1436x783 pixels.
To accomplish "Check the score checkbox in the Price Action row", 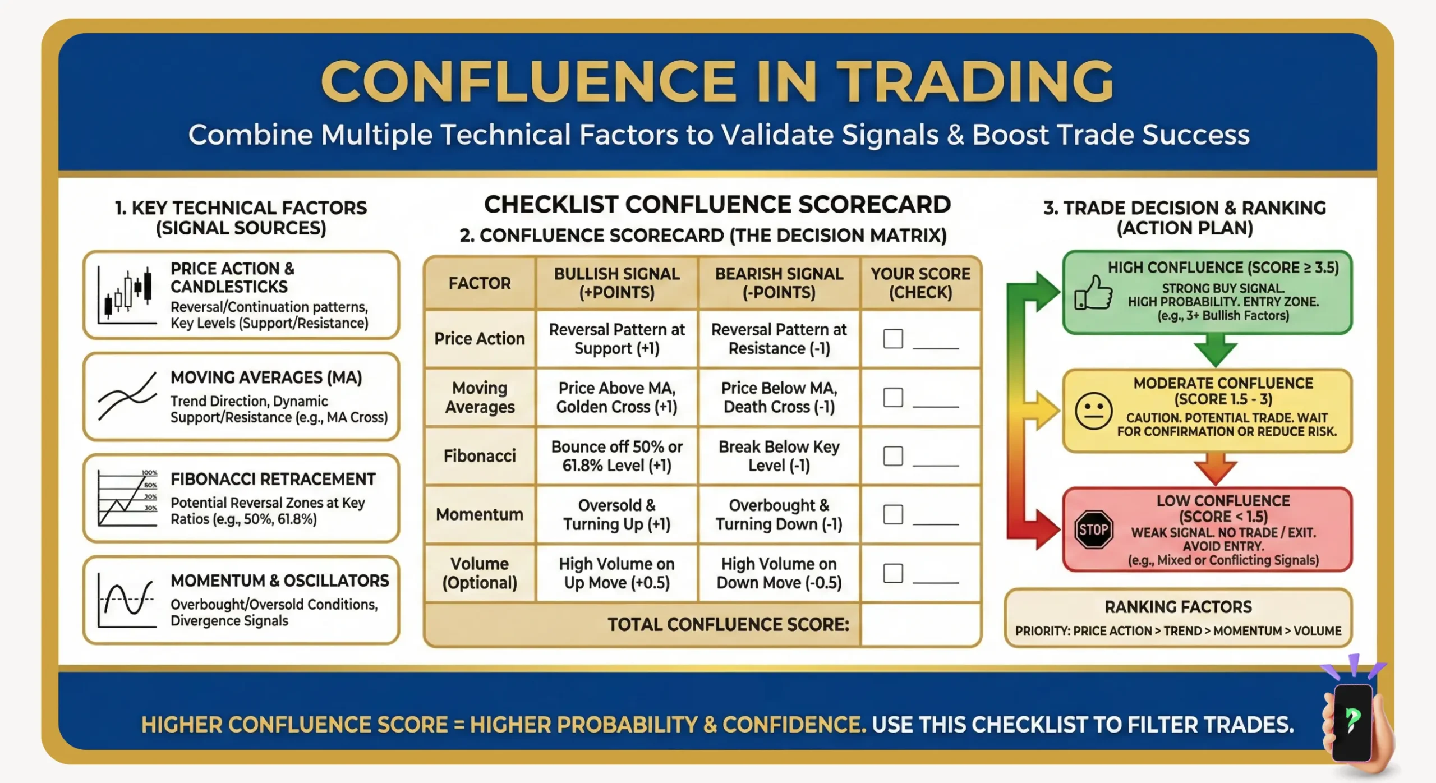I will click(x=892, y=339).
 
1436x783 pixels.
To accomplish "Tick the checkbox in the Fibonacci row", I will click(x=892, y=456).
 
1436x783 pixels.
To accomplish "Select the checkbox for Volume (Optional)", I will click(x=892, y=573).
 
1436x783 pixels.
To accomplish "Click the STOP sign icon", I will click(x=1093, y=529).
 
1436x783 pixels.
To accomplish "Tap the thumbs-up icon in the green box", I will click(x=1093, y=293).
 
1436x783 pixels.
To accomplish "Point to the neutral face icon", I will click(x=1093, y=411).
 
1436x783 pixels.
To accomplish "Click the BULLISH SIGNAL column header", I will click(x=616, y=283).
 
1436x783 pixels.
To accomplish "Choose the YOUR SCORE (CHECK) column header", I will click(x=920, y=283).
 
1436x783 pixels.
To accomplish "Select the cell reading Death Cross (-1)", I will click(x=779, y=397).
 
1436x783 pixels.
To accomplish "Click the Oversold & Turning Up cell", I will click(x=616, y=514).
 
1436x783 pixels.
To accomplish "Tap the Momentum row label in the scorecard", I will click(x=480, y=514).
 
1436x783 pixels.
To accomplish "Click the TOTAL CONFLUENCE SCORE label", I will click(x=728, y=624).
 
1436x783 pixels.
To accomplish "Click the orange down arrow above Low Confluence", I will click(x=1215, y=468).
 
